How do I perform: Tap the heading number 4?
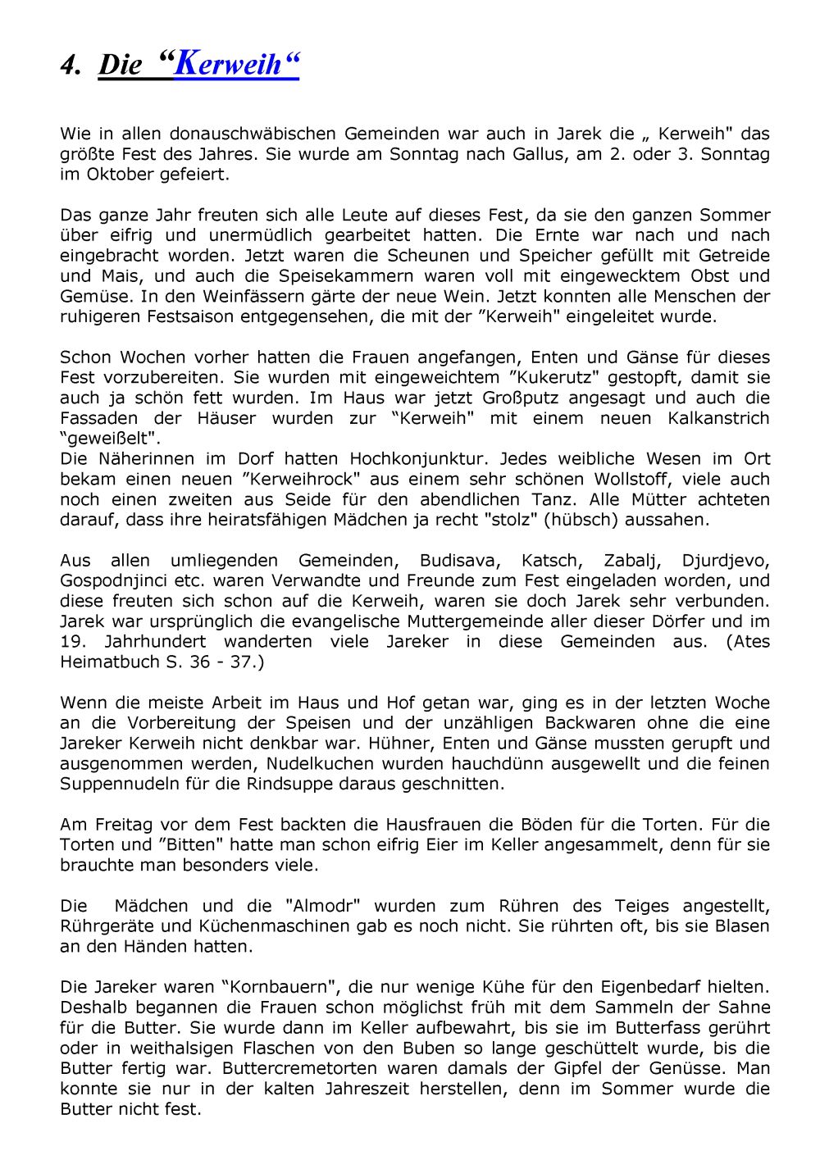click(69, 66)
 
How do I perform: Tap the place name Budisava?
click(458, 561)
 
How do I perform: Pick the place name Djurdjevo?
click(726, 561)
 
